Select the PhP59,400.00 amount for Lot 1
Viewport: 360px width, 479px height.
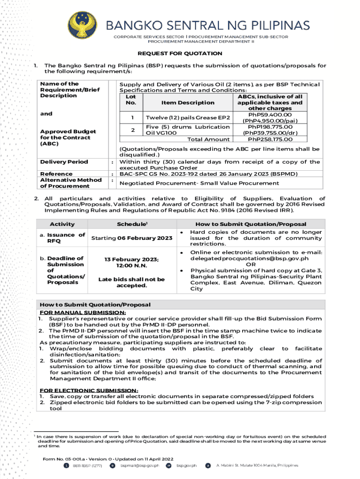point(270,115)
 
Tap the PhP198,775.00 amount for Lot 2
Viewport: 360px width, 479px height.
point(270,127)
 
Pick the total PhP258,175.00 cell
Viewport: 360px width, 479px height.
point(270,139)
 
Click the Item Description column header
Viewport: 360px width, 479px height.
point(181,102)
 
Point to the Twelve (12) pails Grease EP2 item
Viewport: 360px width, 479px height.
point(187,117)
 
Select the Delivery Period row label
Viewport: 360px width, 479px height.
point(64,162)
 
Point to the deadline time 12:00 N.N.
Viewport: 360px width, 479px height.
point(132,266)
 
